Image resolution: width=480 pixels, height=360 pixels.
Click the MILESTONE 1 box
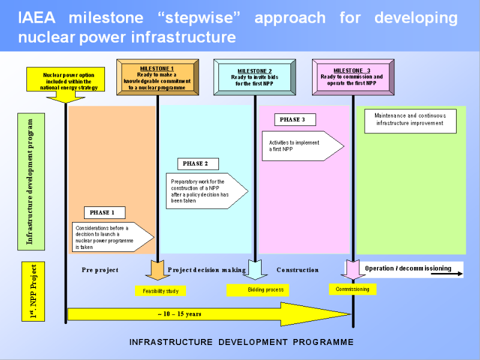tap(157, 77)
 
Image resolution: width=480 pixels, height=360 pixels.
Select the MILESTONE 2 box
tap(254, 77)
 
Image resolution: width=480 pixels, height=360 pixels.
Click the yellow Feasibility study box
tap(160, 291)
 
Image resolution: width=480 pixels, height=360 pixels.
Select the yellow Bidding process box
tap(257, 290)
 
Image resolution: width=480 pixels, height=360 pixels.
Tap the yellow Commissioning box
tap(352, 289)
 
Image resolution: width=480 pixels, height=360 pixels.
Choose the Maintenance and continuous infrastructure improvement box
tap(410, 120)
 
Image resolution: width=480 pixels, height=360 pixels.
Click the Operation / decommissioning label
tap(408, 268)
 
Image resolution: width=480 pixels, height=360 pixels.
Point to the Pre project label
tap(100, 270)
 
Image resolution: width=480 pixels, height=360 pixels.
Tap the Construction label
tap(298, 270)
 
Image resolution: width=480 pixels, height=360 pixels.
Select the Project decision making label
tap(207, 270)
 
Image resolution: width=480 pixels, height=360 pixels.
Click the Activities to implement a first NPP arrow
tap(300, 146)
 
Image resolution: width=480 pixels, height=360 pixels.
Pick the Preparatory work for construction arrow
tap(204, 191)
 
